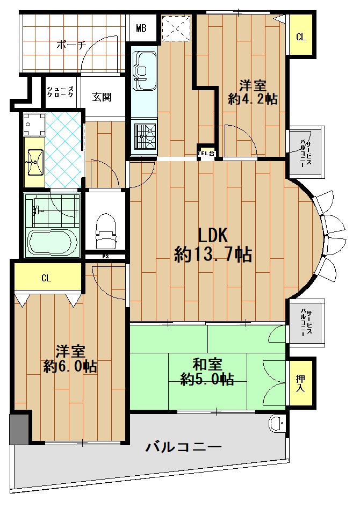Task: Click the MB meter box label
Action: [x=141, y=28]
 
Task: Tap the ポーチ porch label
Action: [x=71, y=45]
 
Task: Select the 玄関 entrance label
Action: [x=102, y=97]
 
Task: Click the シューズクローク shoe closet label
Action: [x=60, y=92]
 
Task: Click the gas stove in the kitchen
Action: [x=145, y=136]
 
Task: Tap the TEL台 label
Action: [x=206, y=154]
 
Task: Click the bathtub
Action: [x=52, y=243]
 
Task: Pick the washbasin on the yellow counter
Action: [x=35, y=162]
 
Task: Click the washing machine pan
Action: [x=34, y=124]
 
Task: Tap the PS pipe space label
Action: [x=105, y=256]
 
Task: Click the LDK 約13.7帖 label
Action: [x=213, y=245]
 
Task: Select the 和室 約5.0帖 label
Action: [x=207, y=372]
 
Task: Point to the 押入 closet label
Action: [x=300, y=383]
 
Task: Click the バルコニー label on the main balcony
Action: [x=184, y=447]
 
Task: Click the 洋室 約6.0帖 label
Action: [x=70, y=359]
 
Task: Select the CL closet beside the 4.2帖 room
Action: [x=301, y=37]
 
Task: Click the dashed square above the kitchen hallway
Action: [x=177, y=28]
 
